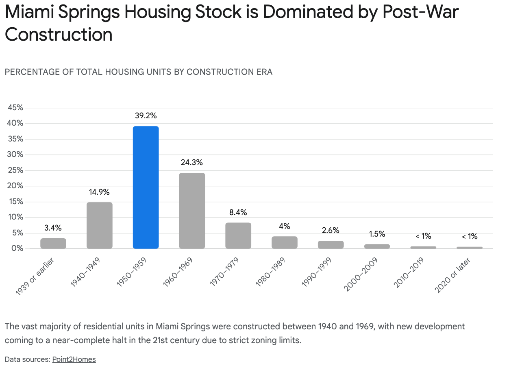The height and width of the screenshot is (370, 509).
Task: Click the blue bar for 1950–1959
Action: coord(146,187)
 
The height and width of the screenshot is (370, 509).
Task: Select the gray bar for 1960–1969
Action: coord(192,211)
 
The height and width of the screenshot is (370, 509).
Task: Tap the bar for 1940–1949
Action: coord(99,225)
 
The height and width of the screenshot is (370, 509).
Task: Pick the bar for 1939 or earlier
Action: coord(53,243)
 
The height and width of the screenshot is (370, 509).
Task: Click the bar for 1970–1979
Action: coord(238,235)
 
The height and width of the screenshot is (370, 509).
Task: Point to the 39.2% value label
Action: coord(146,116)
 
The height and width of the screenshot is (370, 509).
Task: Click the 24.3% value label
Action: coord(192,163)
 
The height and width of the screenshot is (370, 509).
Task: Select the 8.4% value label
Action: coord(238,212)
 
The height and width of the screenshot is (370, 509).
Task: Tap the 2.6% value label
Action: coord(331,230)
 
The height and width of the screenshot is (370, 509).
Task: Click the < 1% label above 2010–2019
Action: coord(423,236)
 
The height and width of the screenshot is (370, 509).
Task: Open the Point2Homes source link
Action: coord(74,359)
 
